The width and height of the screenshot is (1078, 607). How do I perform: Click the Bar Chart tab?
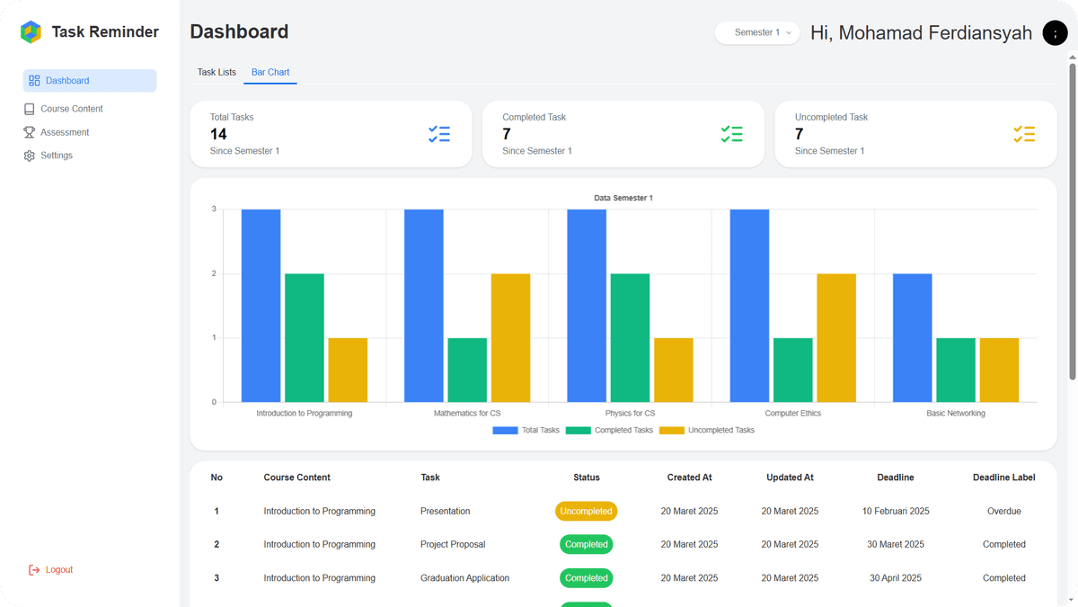tap(270, 72)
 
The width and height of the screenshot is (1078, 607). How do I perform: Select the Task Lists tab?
tap(216, 72)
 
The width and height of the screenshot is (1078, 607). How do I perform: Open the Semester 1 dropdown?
tap(757, 32)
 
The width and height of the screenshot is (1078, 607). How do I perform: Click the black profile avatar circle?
tap(1055, 32)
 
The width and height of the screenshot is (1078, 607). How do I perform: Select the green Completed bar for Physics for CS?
tap(630, 338)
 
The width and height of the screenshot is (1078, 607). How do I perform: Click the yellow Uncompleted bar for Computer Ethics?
tap(836, 338)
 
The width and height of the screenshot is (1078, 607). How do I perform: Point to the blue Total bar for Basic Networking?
tap(913, 338)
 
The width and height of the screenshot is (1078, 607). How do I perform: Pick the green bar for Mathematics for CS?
tap(467, 370)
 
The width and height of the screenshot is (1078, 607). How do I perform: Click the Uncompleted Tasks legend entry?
tap(707, 430)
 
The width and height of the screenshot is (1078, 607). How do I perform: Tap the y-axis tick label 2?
tap(214, 273)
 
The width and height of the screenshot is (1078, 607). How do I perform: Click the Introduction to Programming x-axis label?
tap(305, 414)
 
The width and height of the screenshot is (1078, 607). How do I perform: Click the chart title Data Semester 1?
tap(623, 198)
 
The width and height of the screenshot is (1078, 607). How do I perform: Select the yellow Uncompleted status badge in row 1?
tap(586, 511)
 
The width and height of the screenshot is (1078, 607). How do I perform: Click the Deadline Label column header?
tap(1004, 478)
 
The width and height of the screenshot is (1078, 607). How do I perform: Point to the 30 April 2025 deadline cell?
tap(895, 578)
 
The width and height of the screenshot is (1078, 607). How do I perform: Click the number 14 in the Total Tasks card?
tap(218, 134)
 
